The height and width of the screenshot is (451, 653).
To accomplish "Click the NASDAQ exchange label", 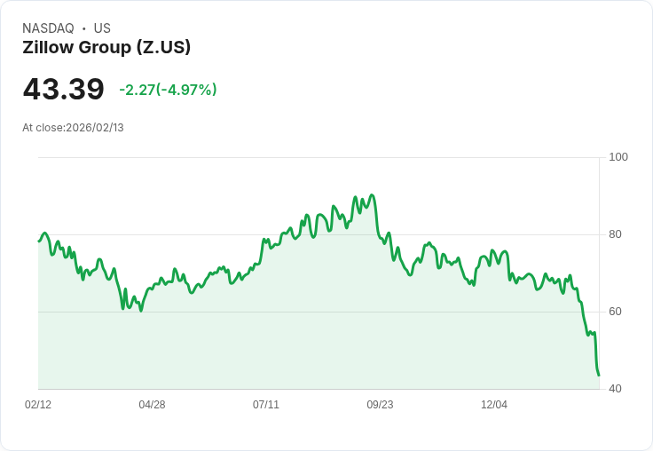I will point(48,28).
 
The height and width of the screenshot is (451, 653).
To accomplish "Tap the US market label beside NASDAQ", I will point(102,28).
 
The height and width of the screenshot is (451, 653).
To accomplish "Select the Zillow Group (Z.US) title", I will point(106,48).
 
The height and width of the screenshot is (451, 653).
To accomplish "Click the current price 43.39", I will point(63,89).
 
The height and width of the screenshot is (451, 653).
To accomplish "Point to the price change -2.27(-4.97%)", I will point(168,90).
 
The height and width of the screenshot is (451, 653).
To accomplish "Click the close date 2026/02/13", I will point(95,128).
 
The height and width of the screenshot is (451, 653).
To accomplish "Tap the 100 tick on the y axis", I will point(618,157).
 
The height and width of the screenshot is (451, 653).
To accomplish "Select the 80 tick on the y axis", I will point(617,234).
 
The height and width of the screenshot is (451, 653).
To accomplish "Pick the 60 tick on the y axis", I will point(617,312).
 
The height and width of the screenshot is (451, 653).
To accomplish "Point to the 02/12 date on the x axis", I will point(38,405).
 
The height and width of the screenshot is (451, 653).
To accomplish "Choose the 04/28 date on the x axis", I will point(152,405).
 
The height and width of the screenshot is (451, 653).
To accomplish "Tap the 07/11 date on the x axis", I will point(266,405).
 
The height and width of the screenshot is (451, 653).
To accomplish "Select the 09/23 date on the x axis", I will point(380,405).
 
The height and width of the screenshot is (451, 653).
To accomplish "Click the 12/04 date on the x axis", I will point(494,405).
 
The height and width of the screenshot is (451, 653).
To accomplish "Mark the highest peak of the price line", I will point(371,195).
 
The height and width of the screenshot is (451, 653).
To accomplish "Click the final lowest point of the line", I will point(599,375).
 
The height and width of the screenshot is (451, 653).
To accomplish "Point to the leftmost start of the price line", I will point(39,241).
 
